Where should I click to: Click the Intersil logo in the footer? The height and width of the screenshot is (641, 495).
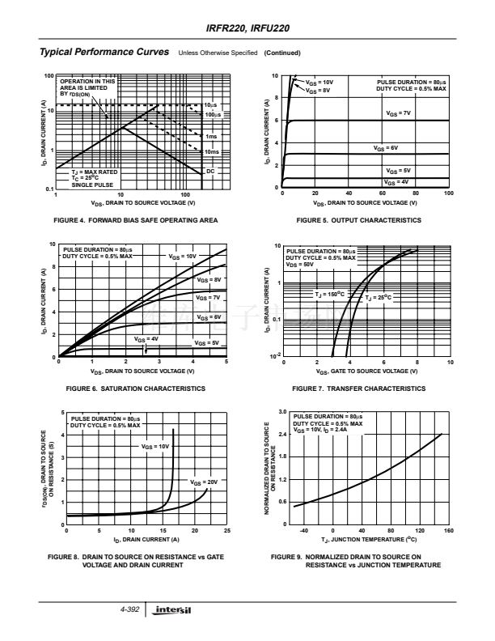pos(174,609)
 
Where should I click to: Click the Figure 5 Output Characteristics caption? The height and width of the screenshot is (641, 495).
pos(358,220)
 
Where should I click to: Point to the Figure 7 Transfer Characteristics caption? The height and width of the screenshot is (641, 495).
pos(358,388)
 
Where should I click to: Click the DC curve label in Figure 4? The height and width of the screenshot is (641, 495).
pos(210,171)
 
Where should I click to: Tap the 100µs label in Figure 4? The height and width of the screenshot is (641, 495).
pos(213,116)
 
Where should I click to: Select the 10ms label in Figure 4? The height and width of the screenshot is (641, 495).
pos(212,151)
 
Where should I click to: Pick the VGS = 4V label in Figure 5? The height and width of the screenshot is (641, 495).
pos(397,183)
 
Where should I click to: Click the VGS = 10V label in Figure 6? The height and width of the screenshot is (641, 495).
pos(183,256)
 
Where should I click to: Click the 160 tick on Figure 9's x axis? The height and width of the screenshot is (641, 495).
pos(448,531)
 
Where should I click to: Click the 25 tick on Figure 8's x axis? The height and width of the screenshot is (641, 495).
pos(226,531)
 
